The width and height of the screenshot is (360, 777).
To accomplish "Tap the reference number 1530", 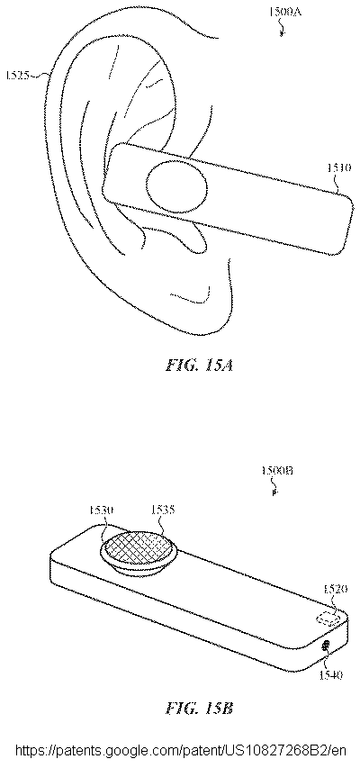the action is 103,510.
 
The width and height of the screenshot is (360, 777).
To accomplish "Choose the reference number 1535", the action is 164,510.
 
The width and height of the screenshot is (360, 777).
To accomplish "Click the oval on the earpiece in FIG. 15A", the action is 177,188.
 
